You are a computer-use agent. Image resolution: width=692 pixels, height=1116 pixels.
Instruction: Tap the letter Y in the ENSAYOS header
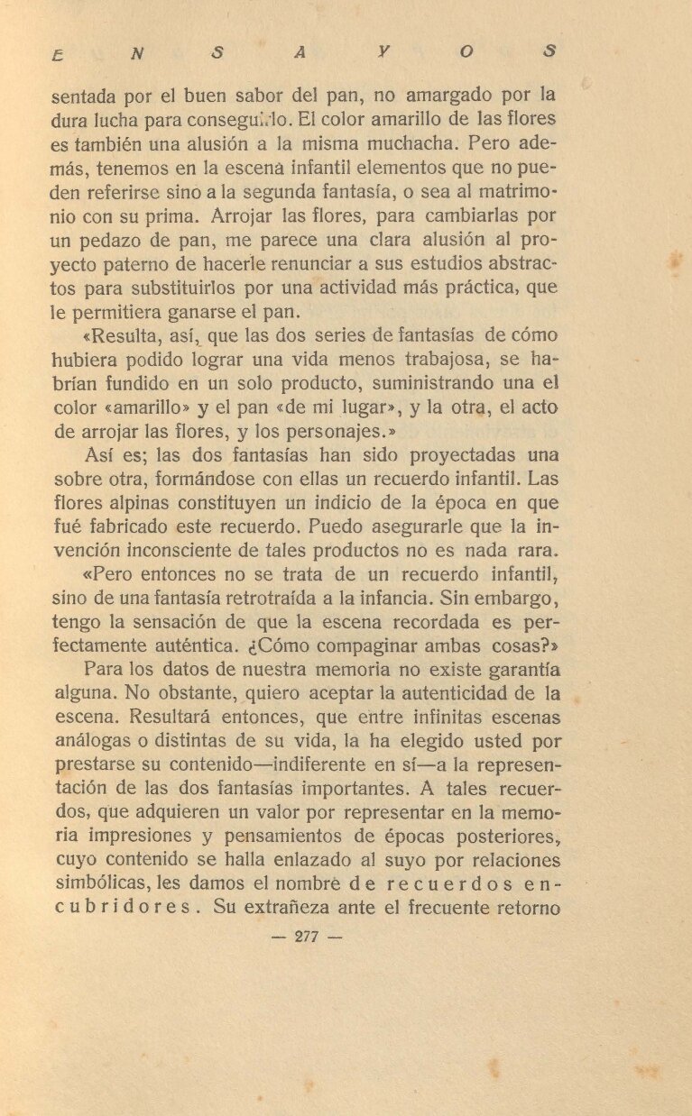[383, 53]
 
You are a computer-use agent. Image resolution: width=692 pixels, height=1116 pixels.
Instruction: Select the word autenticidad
[461, 693]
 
